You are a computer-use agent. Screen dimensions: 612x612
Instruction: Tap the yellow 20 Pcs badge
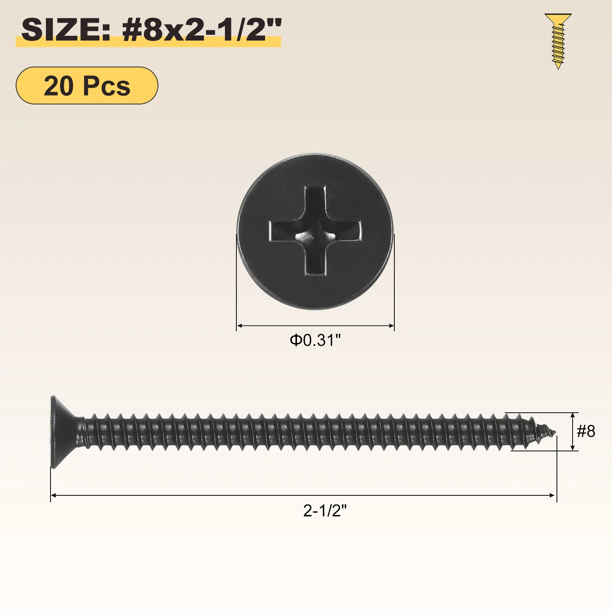87,86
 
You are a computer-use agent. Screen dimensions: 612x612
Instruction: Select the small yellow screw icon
558,41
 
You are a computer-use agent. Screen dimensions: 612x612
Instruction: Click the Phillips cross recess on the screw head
316,230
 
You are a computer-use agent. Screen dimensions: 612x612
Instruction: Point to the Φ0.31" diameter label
315,340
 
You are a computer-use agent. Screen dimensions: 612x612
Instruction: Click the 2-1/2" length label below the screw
325,511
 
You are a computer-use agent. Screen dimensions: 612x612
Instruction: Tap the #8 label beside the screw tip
586,431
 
